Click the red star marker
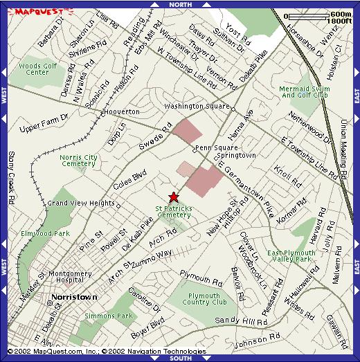click(x=174, y=197)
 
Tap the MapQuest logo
click(x=36, y=12)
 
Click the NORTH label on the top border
click(x=179, y=5)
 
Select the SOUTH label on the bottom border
click(x=179, y=358)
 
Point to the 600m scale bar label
click(x=340, y=14)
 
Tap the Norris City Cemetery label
click(x=78, y=160)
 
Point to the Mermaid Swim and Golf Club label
click(x=304, y=91)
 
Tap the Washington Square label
click(x=197, y=107)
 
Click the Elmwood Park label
click(x=45, y=233)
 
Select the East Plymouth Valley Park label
click(x=291, y=257)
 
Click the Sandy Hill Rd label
click(x=241, y=321)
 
